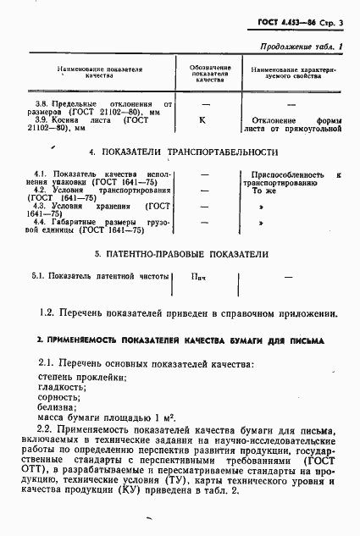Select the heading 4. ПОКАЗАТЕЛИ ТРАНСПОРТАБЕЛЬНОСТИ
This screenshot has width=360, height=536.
180,152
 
